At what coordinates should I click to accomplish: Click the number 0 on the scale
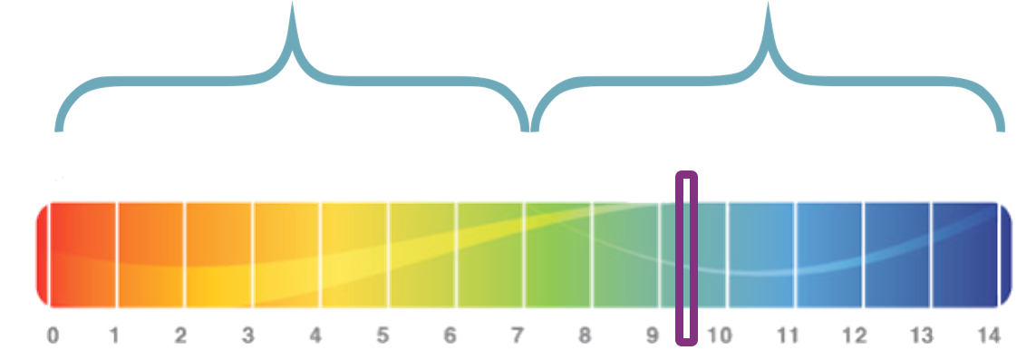(53, 336)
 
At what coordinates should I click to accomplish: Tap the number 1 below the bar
(114, 336)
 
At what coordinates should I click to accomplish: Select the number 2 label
(180, 336)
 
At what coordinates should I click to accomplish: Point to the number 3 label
(247, 336)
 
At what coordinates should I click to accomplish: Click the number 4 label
(315, 336)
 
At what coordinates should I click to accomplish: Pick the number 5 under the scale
(382, 336)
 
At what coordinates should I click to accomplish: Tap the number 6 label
(450, 336)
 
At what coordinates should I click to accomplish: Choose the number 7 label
(518, 336)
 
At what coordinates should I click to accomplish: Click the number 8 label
(585, 336)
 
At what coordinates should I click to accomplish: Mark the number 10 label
(720, 336)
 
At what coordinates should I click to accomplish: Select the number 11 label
(787, 336)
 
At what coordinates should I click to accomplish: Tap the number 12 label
(855, 336)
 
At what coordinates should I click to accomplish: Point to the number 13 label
(922, 336)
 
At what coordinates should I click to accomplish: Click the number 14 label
(989, 336)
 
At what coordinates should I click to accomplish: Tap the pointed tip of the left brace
(292, 4)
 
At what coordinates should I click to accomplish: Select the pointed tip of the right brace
(768, 4)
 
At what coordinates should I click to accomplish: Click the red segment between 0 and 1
(83, 255)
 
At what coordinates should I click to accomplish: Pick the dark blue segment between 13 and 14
(964, 255)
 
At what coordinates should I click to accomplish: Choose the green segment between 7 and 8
(558, 255)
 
